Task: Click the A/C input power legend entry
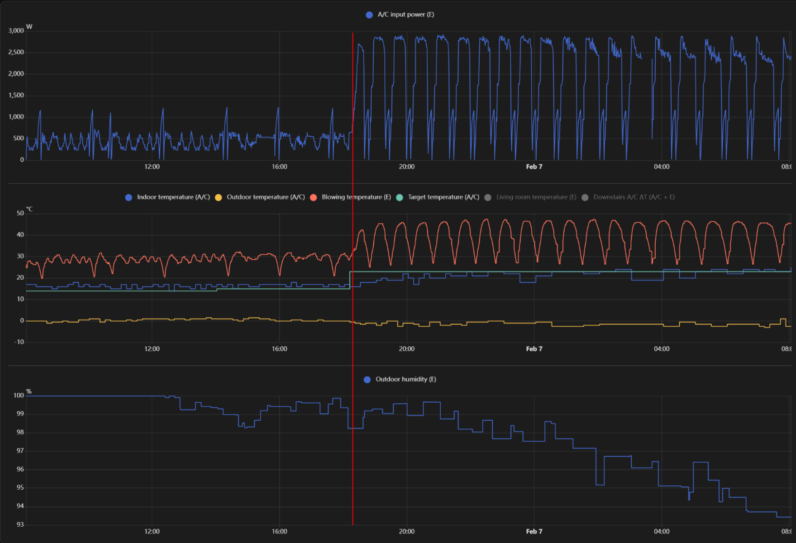[400, 14]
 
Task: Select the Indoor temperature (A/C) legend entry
[168, 197]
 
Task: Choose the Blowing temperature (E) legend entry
[351, 197]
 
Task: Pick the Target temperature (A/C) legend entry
[438, 197]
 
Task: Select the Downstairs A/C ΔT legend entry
[628, 197]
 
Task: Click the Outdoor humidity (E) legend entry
[400, 379]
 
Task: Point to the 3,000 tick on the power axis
[16, 31]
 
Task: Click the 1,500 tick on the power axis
[16, 95]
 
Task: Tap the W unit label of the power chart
[29, 27]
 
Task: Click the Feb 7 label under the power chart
[534, 167]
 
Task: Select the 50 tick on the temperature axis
[20, 213]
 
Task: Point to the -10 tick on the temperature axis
[19, 342]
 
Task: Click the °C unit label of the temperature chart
[29, 209]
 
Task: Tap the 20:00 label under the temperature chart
[406, 349]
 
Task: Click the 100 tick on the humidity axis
[19, 395]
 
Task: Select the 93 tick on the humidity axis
[20, 524]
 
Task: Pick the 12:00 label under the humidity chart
[152, 531]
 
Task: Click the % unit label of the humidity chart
[29, 391]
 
